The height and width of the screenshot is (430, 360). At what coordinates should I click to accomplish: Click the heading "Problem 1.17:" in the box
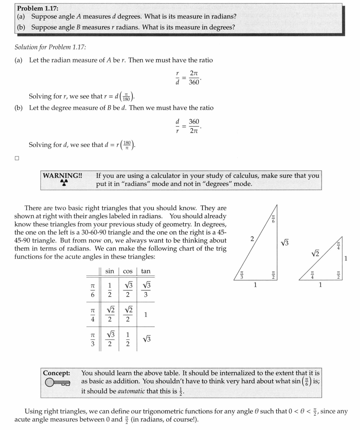[37, 8]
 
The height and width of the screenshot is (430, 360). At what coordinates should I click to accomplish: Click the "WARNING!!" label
[63, 176]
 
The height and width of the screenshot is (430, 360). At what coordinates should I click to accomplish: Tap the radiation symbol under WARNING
[64, 183]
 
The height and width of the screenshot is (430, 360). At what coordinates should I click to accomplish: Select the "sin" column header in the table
[109, 271]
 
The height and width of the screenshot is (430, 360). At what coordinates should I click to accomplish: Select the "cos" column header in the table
[127, 271]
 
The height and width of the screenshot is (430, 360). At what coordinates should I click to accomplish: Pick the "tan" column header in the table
[145, 271]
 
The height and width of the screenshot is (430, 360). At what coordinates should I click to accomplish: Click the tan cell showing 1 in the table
[145, 314]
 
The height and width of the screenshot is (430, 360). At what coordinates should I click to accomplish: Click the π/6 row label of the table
[92, 290]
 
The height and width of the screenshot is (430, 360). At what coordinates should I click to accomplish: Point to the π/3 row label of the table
[92, 338]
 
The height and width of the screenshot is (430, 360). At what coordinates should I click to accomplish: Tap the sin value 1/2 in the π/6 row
[109, 290]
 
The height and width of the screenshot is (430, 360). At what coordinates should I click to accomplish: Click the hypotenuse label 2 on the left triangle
[252, 239]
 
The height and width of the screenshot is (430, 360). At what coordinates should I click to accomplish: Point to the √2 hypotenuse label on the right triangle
[316, 254]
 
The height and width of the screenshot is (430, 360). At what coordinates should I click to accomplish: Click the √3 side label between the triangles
[285, 243]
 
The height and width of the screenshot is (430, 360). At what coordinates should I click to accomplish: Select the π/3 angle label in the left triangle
[242, 275]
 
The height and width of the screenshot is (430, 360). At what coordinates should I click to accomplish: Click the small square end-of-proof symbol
[16, 158]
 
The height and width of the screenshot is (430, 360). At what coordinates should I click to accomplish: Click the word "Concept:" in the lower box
[57, 373]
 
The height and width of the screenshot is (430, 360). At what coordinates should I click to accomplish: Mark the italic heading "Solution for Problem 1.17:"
[50, 47]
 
